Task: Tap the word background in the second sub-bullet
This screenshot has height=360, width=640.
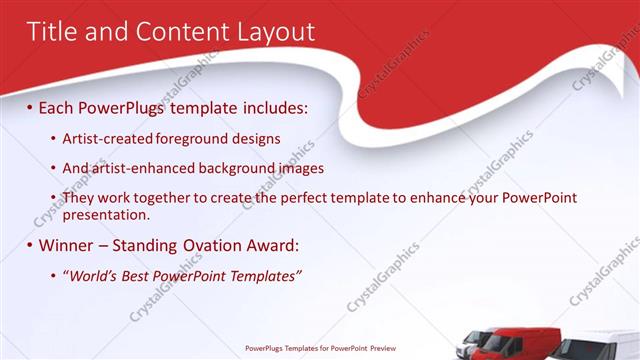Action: [237, 168]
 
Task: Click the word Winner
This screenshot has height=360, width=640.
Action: [68, 245]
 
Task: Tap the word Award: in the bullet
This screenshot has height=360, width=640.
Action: [271, 245]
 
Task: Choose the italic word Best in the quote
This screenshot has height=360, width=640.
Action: [140, 276]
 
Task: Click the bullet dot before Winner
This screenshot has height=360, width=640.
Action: [30, 245]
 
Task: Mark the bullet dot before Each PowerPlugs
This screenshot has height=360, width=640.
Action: [30, 105]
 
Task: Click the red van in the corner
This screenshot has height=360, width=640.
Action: [515, 342]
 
